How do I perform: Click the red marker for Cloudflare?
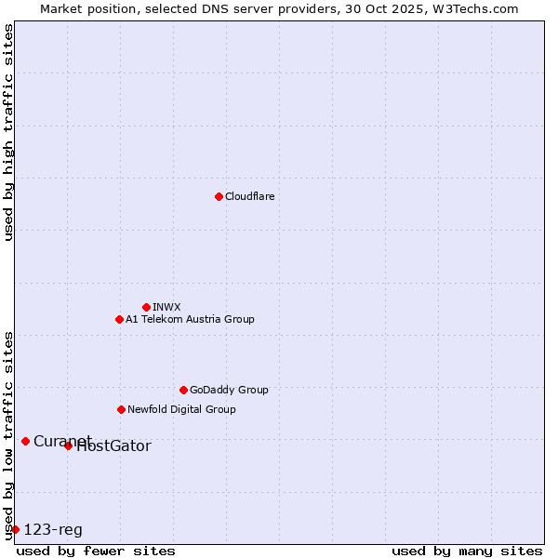(219, 196)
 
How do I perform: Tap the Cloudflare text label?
(250, 196)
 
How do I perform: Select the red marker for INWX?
(146, 307)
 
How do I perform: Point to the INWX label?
(166, 307)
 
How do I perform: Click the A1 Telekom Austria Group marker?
(119, 319)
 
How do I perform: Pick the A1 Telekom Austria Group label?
(190, 319)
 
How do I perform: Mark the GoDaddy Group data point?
(183, 390)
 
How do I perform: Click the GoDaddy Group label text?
(229, 390)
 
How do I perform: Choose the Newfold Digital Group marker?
(121, 409)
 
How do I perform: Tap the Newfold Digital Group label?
(181, 409)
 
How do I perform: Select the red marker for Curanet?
(25, 441)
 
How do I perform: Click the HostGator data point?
(68, 446)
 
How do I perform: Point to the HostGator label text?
(113, 446)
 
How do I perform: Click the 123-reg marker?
(15, 529)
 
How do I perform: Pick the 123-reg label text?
(53, 530)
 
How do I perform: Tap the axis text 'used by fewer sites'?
(96, 551)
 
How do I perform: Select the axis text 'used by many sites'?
(467, 551)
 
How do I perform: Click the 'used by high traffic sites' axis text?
(8, 132)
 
